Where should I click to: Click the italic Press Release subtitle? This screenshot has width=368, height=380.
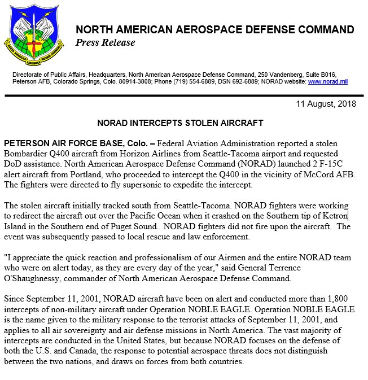pyautogui.click(x=106, y=42)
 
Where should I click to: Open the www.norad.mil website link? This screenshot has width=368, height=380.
pyautogui.click(x=327, y=82)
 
